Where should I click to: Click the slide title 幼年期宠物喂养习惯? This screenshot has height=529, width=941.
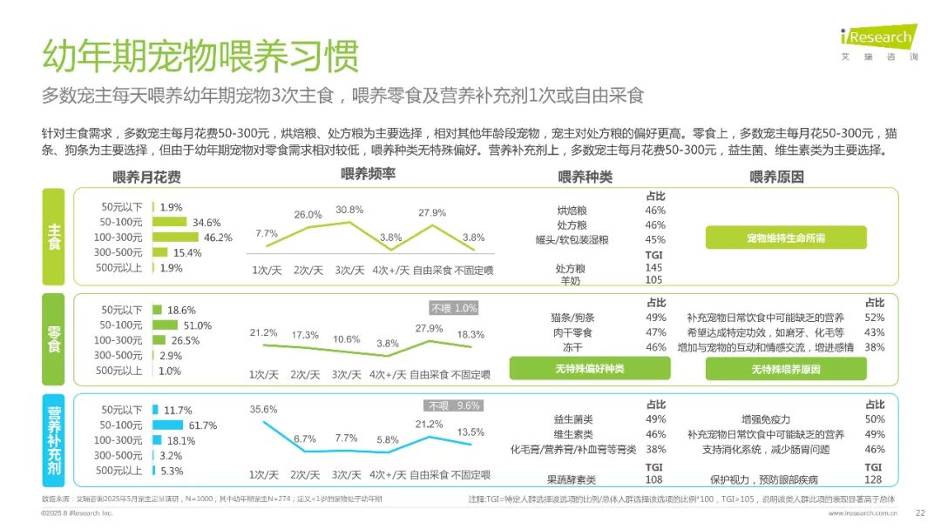click(x=200, y=56)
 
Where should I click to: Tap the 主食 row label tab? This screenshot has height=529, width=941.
click(x=53, y=237)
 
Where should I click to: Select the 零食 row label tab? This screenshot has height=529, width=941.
click(x=53, y=339)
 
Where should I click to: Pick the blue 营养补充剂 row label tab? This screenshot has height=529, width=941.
click(x=53, y=439)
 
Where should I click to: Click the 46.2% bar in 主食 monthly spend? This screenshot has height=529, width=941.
click(x=177, y=238)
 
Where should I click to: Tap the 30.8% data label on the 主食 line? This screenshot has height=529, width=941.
click(x=349, y=210)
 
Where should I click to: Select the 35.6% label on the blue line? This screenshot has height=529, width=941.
click(x=263, y=409)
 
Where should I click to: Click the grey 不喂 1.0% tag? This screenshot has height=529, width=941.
click(x=454, y=308)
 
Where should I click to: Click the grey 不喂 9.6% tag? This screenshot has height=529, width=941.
click(x=454, y=405)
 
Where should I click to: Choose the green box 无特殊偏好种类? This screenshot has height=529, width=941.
click(x=590, y=369)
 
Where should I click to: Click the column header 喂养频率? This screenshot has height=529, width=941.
click(x=368, y=175)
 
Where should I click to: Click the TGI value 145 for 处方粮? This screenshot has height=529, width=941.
click(x=653, y=268)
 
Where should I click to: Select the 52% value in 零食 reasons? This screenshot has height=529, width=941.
click(x=874, y=318)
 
